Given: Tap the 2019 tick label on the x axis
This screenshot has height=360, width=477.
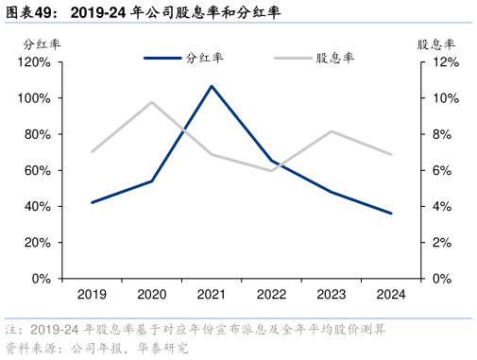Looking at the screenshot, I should [92, 294].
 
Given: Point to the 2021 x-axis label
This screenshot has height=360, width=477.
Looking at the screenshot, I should [212, 294].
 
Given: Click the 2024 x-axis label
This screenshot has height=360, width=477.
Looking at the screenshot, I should [391, 294].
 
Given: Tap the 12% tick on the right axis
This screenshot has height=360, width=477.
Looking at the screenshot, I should [446, 62].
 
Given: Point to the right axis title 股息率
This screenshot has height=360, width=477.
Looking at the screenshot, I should [436, 43].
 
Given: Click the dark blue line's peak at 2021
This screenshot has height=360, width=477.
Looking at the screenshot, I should [212, 86].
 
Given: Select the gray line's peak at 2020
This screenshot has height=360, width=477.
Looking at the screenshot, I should [151, 102].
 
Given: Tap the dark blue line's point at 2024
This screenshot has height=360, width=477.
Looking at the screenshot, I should [391, 214].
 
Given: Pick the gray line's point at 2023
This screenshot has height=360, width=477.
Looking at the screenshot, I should [332, 131].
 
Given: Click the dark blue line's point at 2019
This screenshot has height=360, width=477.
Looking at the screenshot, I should [92, 202].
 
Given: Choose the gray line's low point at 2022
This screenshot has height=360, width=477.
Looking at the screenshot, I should [271, 171].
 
